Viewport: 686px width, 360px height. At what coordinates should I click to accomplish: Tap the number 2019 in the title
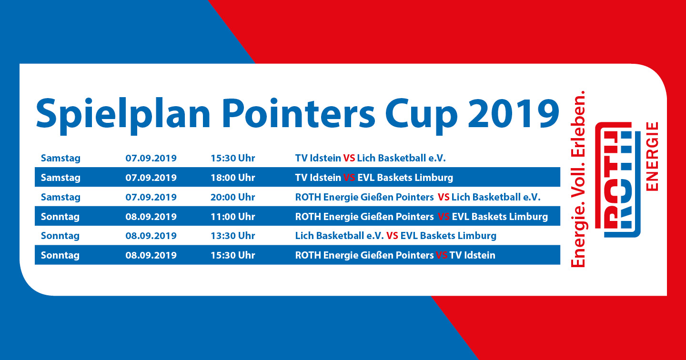pos(514,113)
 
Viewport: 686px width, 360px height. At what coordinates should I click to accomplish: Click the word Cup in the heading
pos(422,116)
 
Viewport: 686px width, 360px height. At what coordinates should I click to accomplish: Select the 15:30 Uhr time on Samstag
pos(233,158)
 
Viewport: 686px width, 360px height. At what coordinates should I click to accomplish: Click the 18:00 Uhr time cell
pos(233,178)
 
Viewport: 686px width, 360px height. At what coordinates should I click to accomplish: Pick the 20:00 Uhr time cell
pos(233,197)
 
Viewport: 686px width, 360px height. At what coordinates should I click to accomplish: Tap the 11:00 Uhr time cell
pos(233,216)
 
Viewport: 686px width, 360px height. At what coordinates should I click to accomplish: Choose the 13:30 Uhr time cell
pos(233,236)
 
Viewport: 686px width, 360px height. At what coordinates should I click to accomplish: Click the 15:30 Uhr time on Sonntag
pos(233,255)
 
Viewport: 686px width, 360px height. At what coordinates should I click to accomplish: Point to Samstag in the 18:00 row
pos(61,178)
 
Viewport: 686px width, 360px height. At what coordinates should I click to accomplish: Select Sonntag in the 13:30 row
pos(61,236)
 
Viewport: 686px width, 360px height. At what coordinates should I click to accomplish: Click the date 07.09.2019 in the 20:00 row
pos(151,197)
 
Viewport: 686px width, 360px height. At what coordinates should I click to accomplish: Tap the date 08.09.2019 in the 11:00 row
pos(151,216)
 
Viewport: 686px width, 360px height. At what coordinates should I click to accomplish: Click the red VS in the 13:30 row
pos(392,236)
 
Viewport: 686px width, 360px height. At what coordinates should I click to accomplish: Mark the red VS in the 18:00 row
pos(349,178)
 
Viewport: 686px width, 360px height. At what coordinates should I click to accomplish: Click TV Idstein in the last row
pos(472,255)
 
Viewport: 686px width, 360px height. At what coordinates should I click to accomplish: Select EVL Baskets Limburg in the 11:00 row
pos(500,216)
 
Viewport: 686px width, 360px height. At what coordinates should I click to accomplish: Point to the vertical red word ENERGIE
pos(652,156)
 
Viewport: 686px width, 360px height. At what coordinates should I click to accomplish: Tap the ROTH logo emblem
pos(618,180)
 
